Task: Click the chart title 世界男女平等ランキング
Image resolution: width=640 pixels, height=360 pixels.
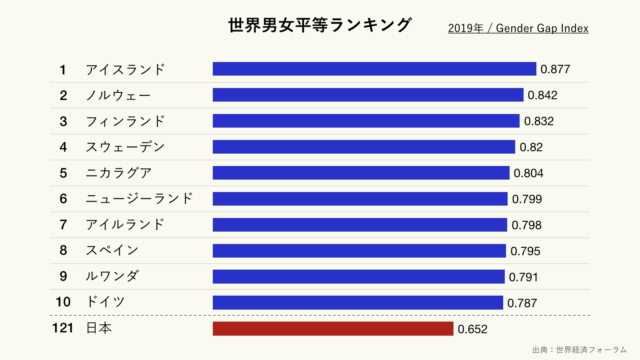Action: click(319, 25)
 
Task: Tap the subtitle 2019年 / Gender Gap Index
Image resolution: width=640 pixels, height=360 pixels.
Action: click(518, 28)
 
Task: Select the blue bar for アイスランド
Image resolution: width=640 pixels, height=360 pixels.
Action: click(374, 69)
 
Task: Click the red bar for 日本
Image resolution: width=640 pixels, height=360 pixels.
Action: click(332, 328)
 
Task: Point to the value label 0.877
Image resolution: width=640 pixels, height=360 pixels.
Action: click(555, 69)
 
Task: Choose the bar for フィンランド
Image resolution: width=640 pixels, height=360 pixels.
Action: click(366, 121)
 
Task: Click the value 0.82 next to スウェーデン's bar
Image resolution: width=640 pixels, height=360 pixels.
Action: click(530, 147)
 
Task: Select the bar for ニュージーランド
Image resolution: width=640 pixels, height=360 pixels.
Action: click(360, 199)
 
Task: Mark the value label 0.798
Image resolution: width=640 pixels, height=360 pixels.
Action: click(526, 225)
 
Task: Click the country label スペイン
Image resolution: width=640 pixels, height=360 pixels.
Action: click(112, 250)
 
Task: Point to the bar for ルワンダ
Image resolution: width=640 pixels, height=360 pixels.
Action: click(358, 276)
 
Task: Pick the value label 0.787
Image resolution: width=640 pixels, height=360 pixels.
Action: click(523, 302)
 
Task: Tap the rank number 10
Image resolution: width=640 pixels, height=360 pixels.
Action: click(62, 302)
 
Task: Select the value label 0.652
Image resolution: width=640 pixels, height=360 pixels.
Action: click(473, 328)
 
